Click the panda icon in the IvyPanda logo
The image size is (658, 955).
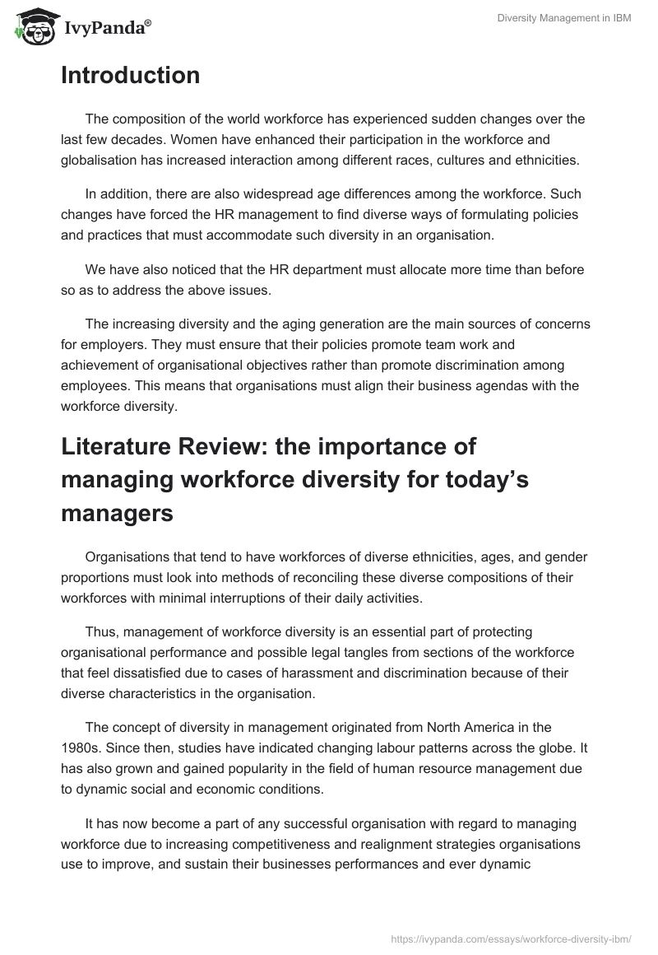pos(32,28)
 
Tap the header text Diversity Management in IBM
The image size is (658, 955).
pos(564,19)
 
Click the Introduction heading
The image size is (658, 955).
pos(130,76)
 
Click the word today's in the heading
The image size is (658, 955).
pos(480,480)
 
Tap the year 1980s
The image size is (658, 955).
pos(81,748)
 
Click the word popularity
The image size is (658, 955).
pos(221,768)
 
